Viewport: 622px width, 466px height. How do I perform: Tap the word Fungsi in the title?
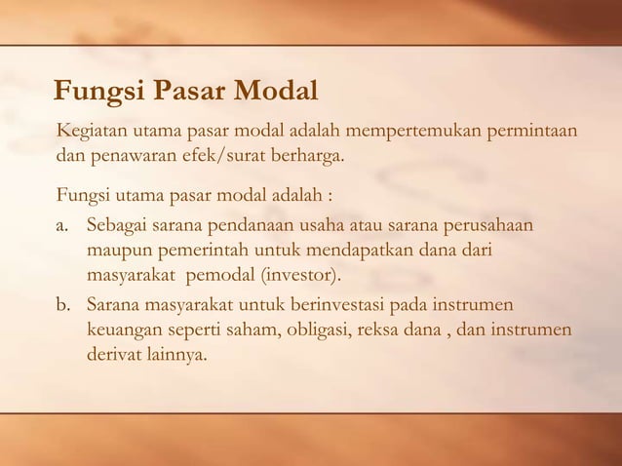point(98,93)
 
